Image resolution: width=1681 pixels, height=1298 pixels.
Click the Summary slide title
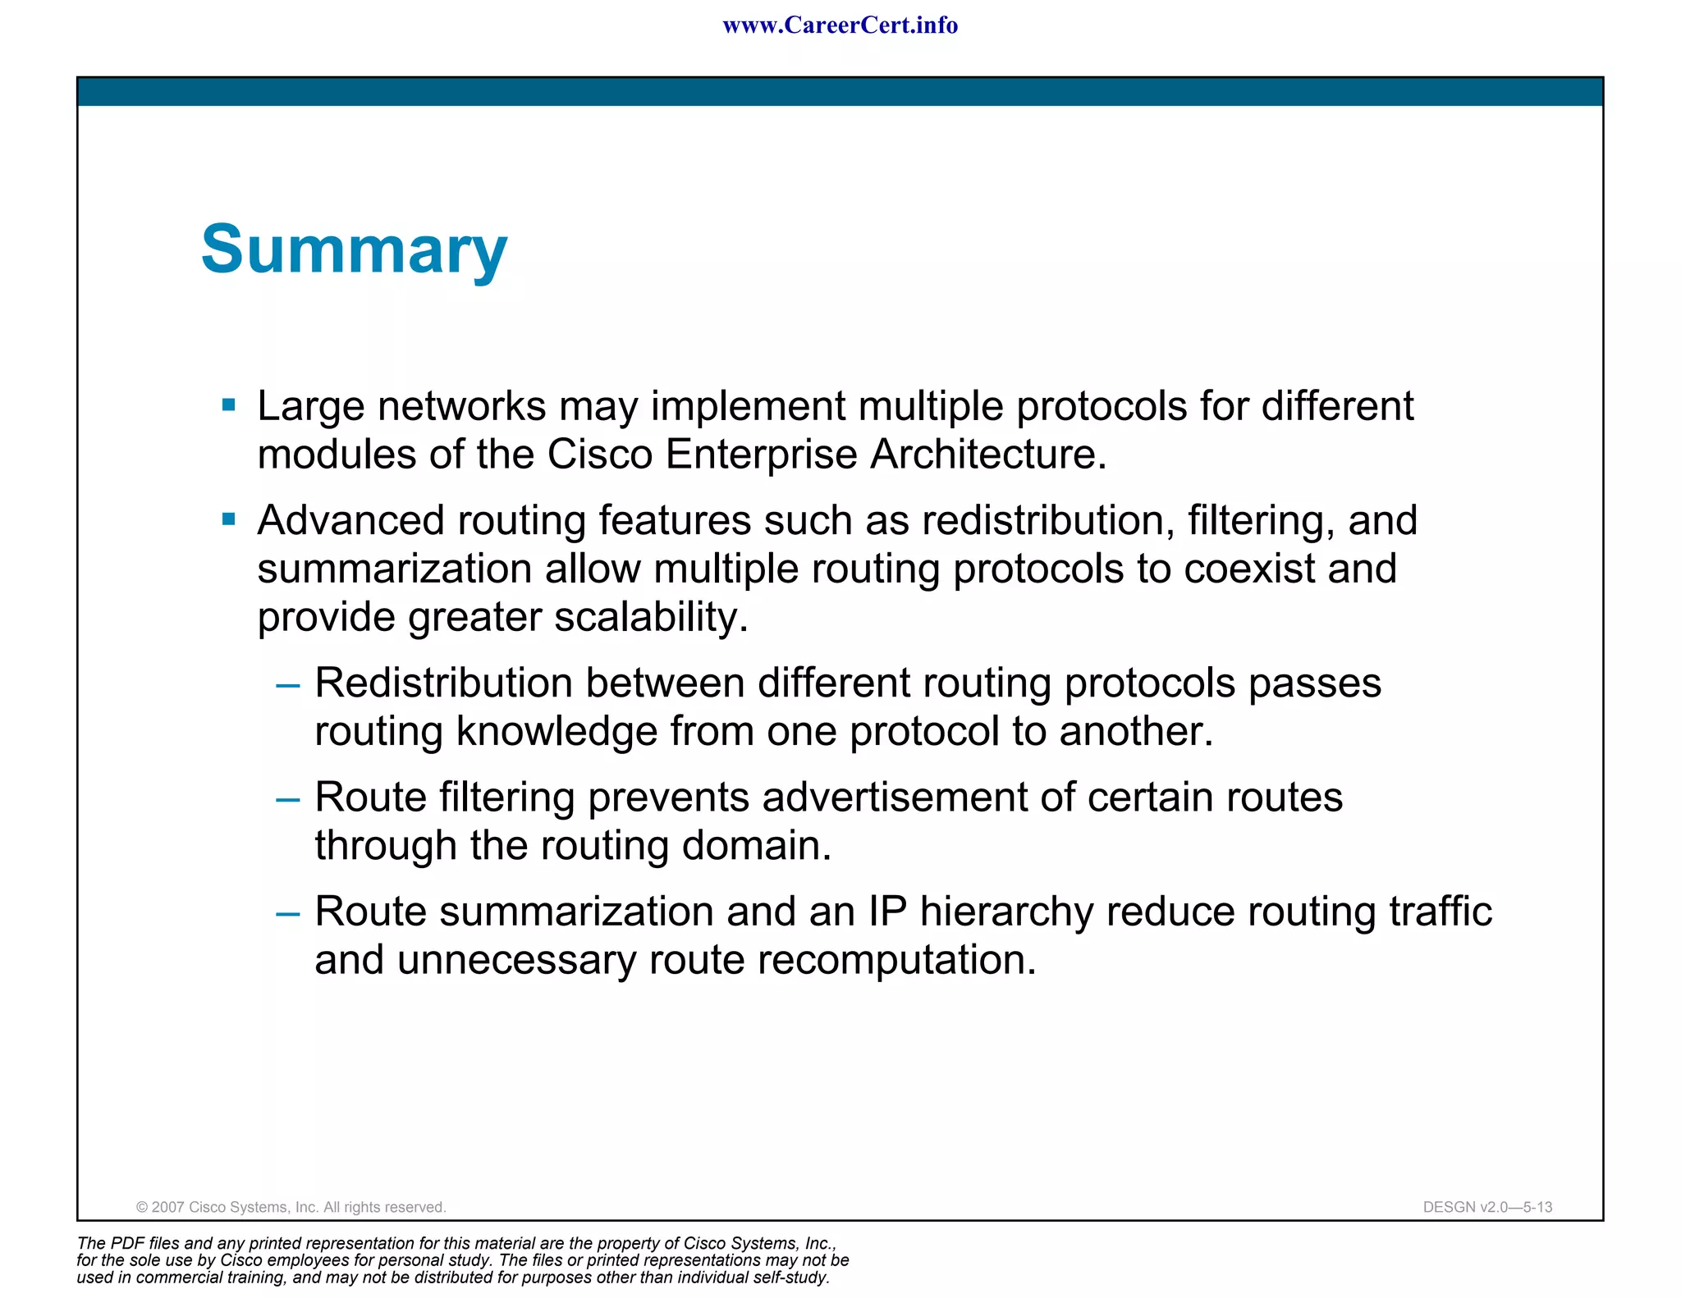click(354, 249)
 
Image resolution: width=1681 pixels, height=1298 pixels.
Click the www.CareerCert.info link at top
click(840, 25)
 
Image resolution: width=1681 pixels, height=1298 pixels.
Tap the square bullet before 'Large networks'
click(229, 404)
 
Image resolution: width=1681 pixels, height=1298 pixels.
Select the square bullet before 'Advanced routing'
click(229, 519)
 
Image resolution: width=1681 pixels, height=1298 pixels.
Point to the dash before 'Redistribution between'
click(288, 684)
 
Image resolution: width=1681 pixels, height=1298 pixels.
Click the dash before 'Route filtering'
click(288, 798)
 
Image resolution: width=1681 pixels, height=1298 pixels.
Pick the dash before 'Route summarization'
click(288, 912)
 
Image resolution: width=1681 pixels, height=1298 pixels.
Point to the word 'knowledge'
click(557, 732)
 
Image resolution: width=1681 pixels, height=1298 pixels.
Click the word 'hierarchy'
click(1006, 912)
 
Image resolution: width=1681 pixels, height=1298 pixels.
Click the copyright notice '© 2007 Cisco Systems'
click(291, 1207)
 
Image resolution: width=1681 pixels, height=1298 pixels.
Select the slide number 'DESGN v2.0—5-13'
click(1487, 1207)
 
